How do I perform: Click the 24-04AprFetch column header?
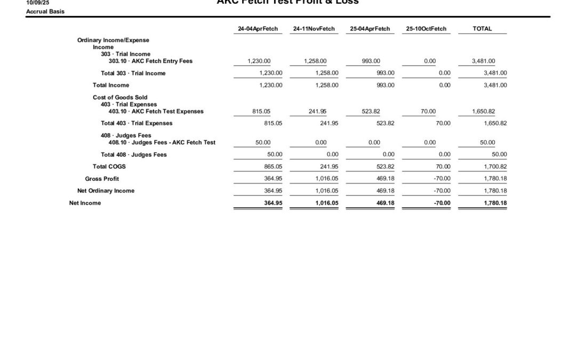[258, 29]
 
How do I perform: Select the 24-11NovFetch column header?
[314, 29]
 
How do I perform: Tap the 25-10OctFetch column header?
[426, 29]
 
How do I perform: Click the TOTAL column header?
[482, 29]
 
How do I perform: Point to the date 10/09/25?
[37, 3]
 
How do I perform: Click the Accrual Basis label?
[45, 11]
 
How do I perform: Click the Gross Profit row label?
[102, 179]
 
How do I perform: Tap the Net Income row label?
[85, 203]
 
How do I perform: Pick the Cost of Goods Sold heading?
[119, 98]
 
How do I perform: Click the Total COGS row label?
[109, 166]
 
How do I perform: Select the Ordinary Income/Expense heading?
[113, 40]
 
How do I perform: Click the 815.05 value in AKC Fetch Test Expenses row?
[261, 111]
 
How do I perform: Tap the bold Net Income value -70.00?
[441, 203]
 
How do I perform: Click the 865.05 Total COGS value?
[271, 166]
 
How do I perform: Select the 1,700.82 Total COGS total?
[495, 166]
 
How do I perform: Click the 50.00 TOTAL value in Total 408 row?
[499, 155]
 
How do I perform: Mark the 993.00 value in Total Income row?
[385, 85]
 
